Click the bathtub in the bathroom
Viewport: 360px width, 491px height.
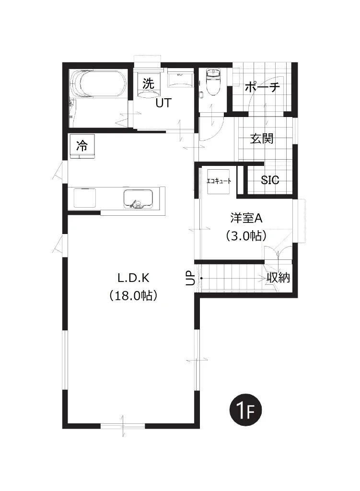pyautogui.click(x=99, y=83)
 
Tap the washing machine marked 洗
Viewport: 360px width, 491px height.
pyautogui.click(x=149, y=84)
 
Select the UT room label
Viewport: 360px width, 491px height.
pyautogui.click(x=163, y=103)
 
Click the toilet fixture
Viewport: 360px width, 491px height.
pyautogui.click(x=213, y=82)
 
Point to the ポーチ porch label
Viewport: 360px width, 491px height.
pyautogui.click(x=262, y=87)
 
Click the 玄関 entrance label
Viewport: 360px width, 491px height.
pyautogui.click(x=262, y=138)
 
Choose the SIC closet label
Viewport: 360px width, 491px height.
pyautogui.click(x=270, y=180)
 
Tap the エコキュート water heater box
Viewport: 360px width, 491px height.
pyautogui.click(x=219, y=181)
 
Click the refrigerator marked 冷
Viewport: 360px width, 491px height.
pyautogui.click(x=82, y=145)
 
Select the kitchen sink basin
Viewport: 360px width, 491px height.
pyautogui.click(x=139, y=199)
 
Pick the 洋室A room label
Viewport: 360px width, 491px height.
pyautogui.click(x=246, y=218)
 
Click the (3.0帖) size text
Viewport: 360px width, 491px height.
pyautogui.click(x=246, y=235)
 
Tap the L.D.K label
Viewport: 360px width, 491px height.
pyautogui.click(x=133, y=278)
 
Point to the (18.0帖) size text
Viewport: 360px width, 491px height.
pyautogui.click(x=133, y=295)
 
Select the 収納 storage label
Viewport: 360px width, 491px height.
pyautogui.click(x=278, y=278)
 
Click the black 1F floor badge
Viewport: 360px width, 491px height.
pyautogui.click(x=245, y=410)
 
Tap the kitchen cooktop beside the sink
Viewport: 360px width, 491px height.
pyautogui.click(x=85, y=198)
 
